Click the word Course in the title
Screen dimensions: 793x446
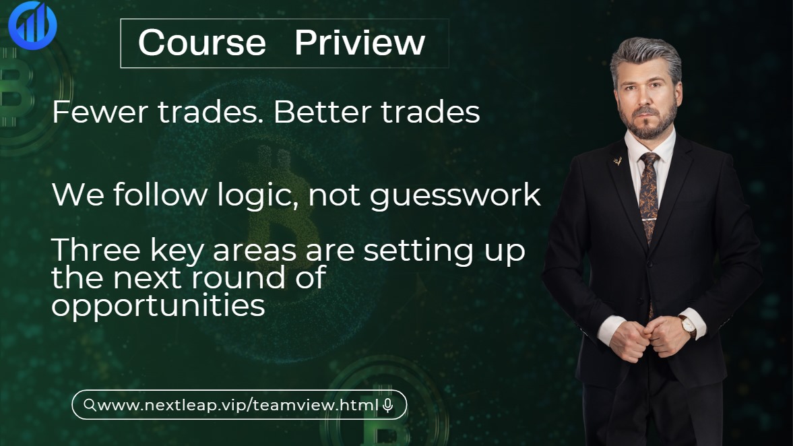coord(202,42)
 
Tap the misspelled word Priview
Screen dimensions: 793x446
coord(360,42)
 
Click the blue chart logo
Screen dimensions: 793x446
coord(32,25)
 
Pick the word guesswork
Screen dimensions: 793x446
coord(455,196)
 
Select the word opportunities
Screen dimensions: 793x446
coord(158,305)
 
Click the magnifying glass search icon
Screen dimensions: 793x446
coord(90,404)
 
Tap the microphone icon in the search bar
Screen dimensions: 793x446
coord(388,405)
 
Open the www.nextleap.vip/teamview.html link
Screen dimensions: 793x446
coord(239,404)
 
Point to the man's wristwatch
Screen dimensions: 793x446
coord(689,327)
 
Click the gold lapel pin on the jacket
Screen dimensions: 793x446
coord(618,161)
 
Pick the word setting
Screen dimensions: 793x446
coord(419,251)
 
